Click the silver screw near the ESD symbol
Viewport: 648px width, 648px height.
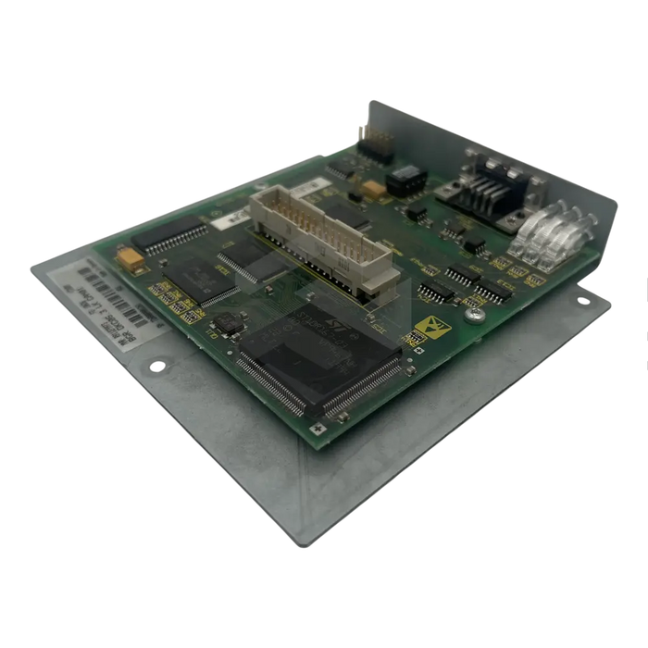pos(474,317)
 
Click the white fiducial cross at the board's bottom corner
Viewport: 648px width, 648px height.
pos(318,429)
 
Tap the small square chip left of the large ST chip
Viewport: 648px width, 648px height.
pos(225,324)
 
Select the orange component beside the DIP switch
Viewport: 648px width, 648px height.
pos(374,188)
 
